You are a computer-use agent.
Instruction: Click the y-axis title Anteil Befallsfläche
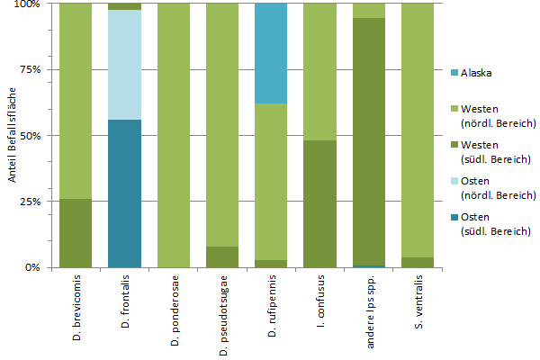[13, 135]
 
